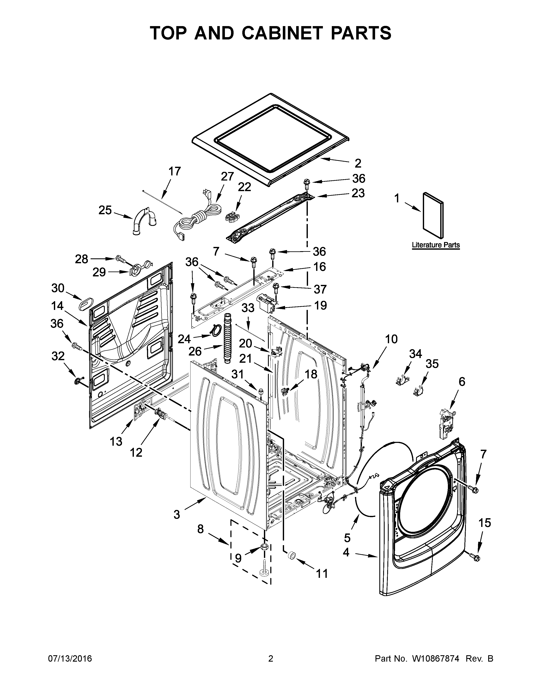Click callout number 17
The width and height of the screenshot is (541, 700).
pyautogui.click(x=175, y=171)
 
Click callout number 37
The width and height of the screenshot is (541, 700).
pyautogui.click(x=320, y=289)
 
